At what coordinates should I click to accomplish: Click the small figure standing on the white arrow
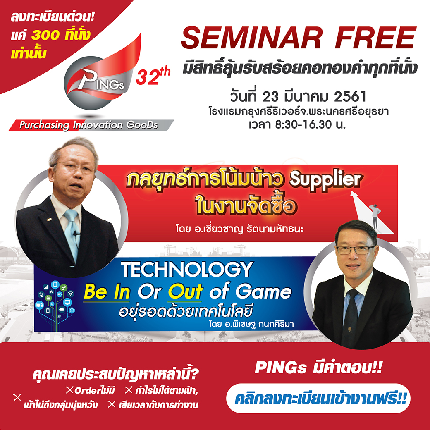pos(375,215)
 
